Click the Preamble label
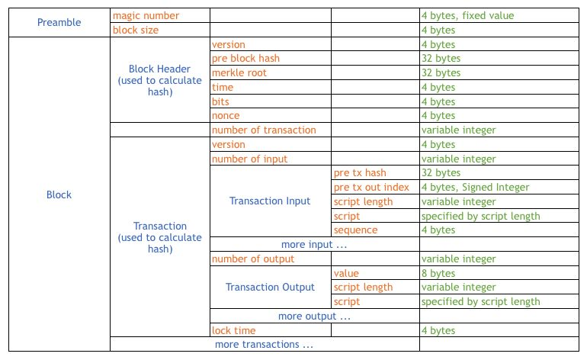pos(59,22)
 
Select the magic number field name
pos(146,15)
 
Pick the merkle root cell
pos(239,73)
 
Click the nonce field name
pos(226,116)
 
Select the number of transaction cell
pos(263,130)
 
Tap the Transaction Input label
pos(270,201)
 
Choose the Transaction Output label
pos(270,288)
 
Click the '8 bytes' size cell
pos(438,273)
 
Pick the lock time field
pos(234,330)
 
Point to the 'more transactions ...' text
pos(264,345)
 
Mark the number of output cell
pos(253,259)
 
